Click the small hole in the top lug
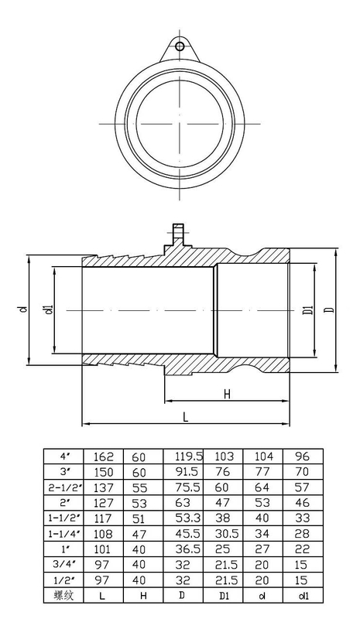click(180, 46)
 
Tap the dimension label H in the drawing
click(226, 394)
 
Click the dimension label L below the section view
click(185, 417)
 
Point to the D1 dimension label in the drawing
click(309, 310)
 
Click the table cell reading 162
click(104, 457)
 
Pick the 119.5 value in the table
click(189, 457)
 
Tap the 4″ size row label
click(65, 457)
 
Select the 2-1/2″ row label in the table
click(65, 487)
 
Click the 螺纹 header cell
click(63, 595)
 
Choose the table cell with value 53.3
click(188, 518)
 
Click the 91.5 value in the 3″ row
click(188, 472)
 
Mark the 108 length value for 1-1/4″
click(104, 534)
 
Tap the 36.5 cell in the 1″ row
click(188, 549)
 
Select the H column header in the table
click(143, 596)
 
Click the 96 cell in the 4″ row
click(302, 457)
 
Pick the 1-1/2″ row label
click(65, 518)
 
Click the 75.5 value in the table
click(188, 487)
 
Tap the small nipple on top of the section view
click(178, 234)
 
